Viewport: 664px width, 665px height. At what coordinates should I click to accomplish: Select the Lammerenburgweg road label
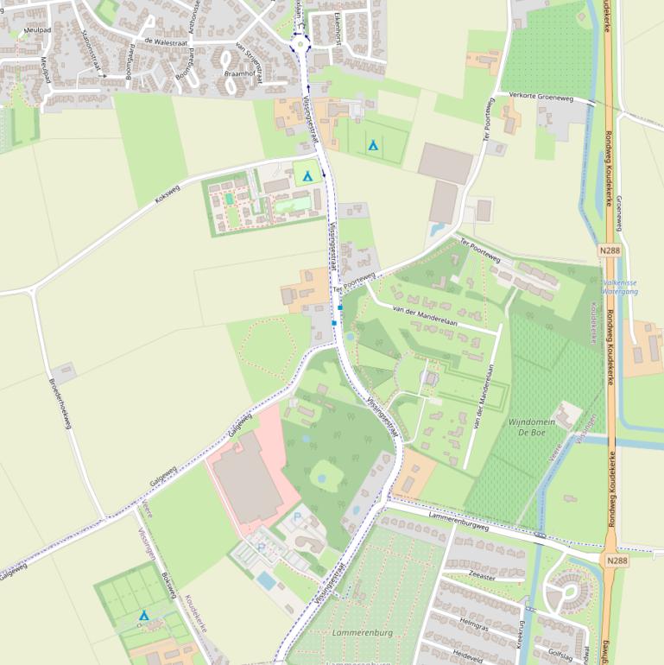[x=458, y=518]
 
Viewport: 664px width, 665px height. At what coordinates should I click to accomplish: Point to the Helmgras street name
[x=476, y=623]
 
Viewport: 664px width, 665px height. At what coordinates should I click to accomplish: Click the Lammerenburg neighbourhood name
[x=362, y=633]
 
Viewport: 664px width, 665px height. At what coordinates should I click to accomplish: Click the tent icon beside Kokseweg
[x=307, y=176]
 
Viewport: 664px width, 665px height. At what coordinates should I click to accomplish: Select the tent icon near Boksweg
[x=144, y=615]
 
